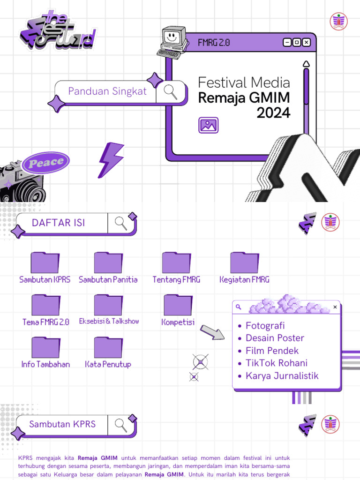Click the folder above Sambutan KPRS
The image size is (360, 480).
pyautogui.click(x=45, y=262)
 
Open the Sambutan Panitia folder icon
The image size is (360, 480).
pyautogui.click(x=108, y=262)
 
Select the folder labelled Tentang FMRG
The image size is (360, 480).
pyautogui.click(x=176, y=262)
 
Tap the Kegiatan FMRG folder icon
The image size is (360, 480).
pyautogui.click(x=244, y=262)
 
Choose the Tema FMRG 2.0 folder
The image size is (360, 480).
pyautogui.click(x=45, y=305)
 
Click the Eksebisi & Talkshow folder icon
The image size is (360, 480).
pyautogui.click(x=108, y=305)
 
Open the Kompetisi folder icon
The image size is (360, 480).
pyautogui.click(x=178, y=305)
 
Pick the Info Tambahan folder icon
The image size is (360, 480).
pyautogui.click(x=45, y=347)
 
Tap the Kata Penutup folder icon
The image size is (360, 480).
pyautogui.click(x=108, y=347)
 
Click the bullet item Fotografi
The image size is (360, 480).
pyautogui.click(x=265, y=326)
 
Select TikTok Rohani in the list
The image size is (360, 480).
pyautogui.click(x=277, y=363)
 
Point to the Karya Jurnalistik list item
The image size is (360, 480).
pyautogui.click(x=282, y=376)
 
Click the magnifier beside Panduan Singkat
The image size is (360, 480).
pyautogui.click(x=170, y=91)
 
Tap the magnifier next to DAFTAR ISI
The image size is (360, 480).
pyautogui.click(x=121, y=223)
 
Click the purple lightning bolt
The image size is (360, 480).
pyautogui.click(x=111, y=160)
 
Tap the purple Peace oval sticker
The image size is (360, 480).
pyautogui.click(x=46, y=163)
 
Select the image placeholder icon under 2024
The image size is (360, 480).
pyautogui.click(x=209, y=125)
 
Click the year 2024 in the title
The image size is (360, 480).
pyautogui.click(x=273, y=113)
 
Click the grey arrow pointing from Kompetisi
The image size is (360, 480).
pyautogui.click(x=212, y=332)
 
